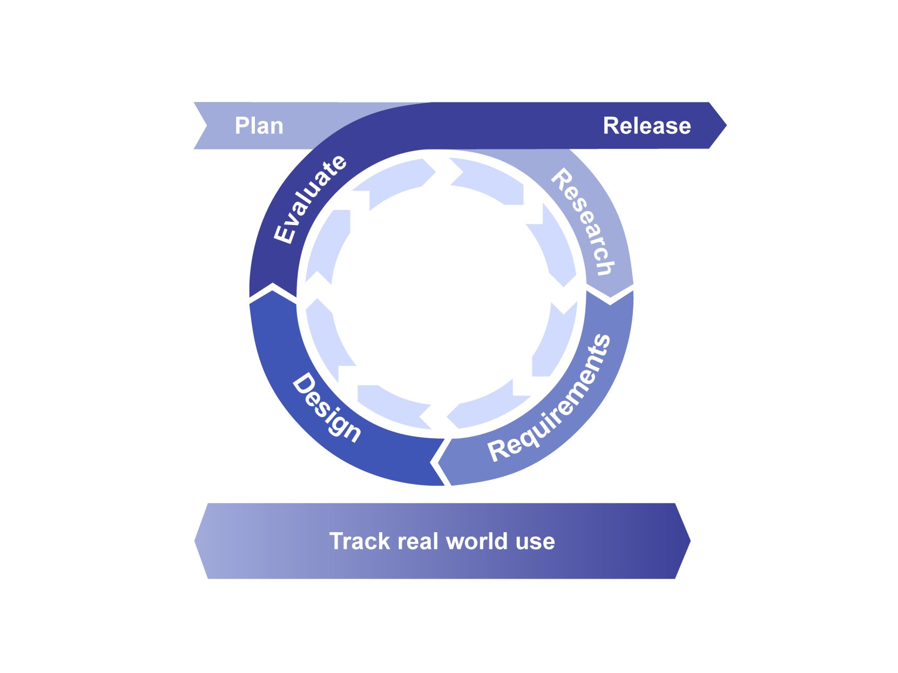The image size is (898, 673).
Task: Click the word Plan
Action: (x=259, y=126)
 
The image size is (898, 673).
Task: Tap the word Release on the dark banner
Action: (x=646, y=126)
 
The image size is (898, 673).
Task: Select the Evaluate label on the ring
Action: (x=309, y=199)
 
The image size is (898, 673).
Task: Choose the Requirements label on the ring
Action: (x=550, y=399)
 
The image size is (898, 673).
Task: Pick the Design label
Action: (x=326, y=407)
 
